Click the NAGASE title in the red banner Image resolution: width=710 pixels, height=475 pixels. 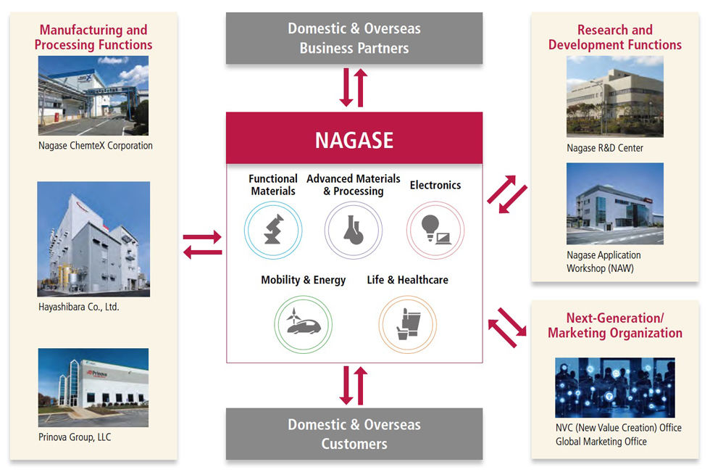[354, 139]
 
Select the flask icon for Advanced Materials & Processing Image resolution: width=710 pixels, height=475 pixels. [353, 230]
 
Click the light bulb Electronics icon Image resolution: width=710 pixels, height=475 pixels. [435, 230]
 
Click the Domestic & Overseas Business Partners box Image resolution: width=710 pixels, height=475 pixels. [354, 38]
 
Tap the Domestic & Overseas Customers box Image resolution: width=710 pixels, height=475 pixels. [354, 434]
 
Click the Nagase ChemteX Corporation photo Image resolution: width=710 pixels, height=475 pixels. [93, 96]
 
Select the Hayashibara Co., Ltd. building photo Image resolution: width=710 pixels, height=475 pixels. [93, 239]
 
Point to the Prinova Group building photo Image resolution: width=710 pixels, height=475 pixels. [93, 388]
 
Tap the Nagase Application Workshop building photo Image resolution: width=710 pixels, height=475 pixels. [615, 204]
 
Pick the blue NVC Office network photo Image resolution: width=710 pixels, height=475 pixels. [615, 387]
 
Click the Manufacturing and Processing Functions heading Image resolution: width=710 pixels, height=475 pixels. [93, 37]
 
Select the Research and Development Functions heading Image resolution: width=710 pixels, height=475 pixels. [615, 37]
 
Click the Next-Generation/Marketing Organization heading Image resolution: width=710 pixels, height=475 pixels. [615, 326]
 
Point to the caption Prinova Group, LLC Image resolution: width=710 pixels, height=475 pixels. [75, 437]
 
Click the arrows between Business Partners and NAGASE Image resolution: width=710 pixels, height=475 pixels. [354, 88]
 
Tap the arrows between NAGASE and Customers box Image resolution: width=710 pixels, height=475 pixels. [354, 385]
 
